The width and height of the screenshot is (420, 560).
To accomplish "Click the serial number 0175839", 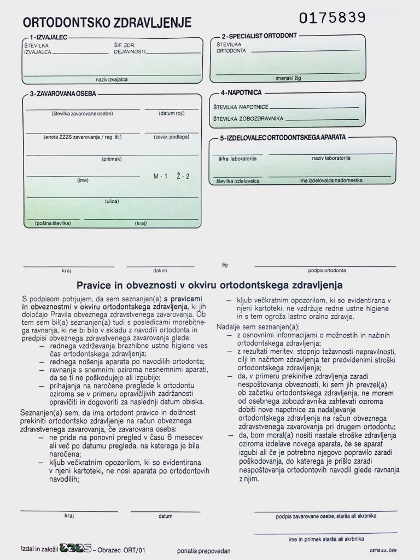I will coord(332,17).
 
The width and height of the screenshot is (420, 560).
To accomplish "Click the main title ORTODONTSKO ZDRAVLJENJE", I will coord(107,22).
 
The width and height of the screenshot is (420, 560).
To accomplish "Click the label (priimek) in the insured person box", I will coord(111,159).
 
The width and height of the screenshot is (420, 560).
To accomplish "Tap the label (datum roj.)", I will coord(172,114).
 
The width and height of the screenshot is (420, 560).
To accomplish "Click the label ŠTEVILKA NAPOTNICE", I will coord(241,107).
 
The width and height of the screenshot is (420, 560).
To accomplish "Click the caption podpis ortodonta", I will coord(326,270).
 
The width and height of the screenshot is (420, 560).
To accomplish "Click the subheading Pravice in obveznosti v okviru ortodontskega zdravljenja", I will coord(209,285).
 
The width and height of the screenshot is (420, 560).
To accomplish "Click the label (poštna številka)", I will coord(53,223).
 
